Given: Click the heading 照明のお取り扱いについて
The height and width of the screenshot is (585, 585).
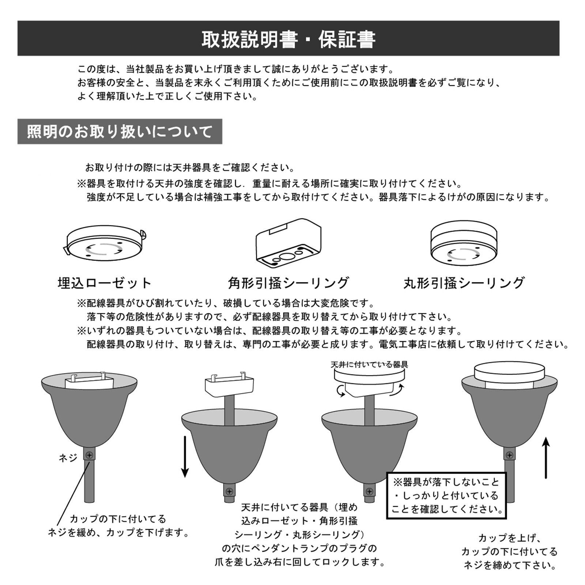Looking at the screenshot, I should [x=120, y=132].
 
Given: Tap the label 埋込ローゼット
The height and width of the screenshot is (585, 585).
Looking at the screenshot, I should [x=105, y=283].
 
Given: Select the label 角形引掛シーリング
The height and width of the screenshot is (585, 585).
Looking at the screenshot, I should [x=288, y=283].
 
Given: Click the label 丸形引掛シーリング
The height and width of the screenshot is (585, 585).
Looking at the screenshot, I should [x=464, y=283].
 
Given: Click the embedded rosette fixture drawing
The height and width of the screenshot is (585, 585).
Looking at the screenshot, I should [x=105, y=246].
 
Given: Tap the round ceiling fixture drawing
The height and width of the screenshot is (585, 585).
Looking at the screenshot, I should [x=464, y=244].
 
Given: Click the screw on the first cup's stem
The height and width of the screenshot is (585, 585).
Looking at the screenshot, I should [x=89, y=455].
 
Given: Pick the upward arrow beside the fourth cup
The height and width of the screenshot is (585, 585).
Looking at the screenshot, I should [x=546, y=457].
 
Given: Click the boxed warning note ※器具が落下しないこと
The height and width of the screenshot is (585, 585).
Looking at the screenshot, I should [x=446, y=495].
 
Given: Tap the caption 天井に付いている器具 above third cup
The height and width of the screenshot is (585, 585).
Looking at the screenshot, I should [x=369, y=365].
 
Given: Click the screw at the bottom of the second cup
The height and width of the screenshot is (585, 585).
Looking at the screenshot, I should [x=230, y=491].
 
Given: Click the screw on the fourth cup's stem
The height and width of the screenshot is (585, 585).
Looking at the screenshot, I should [x=509, y=455].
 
